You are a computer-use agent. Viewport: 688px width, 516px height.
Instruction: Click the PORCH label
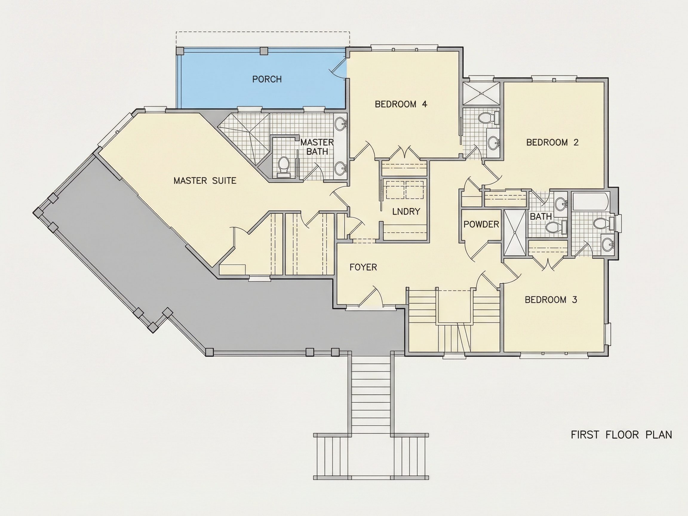coord(267,79)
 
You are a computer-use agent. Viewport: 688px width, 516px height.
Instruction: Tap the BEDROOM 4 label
coord(401,104)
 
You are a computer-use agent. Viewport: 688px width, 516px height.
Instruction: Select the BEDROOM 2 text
coord(552,142)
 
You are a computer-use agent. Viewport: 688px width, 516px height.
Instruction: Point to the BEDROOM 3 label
coord(551,300)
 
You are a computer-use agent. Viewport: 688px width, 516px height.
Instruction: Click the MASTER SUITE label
coord(205,181)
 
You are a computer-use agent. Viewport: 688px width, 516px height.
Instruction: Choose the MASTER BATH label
coord(317,147)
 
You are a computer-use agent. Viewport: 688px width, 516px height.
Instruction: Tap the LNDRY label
coord(406,211)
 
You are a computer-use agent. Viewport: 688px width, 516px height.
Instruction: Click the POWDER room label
coord(481,224)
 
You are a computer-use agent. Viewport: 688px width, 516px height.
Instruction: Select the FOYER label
coord(363,267)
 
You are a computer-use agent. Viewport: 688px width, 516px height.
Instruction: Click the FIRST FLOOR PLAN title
coord(621,435)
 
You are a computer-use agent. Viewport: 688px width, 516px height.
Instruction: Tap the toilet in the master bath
coord(283,167)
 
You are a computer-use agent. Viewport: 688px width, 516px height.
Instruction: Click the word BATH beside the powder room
coord(541,216)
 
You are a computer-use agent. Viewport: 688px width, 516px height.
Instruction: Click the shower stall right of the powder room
coord(515,233)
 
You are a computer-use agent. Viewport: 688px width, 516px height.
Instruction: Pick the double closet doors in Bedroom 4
coord(404,153)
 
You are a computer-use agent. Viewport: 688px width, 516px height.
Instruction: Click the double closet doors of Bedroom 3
coord(548,263)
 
